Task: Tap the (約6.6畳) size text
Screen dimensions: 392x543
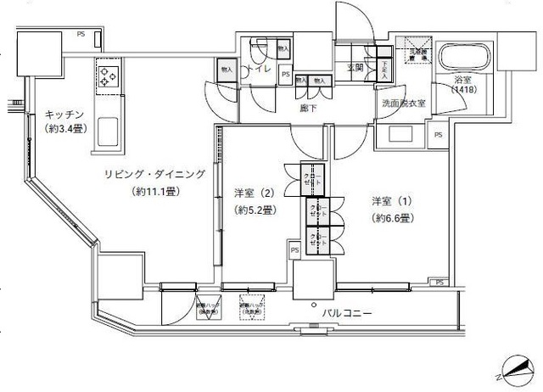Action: pyautogui.click(x=392, y=218)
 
